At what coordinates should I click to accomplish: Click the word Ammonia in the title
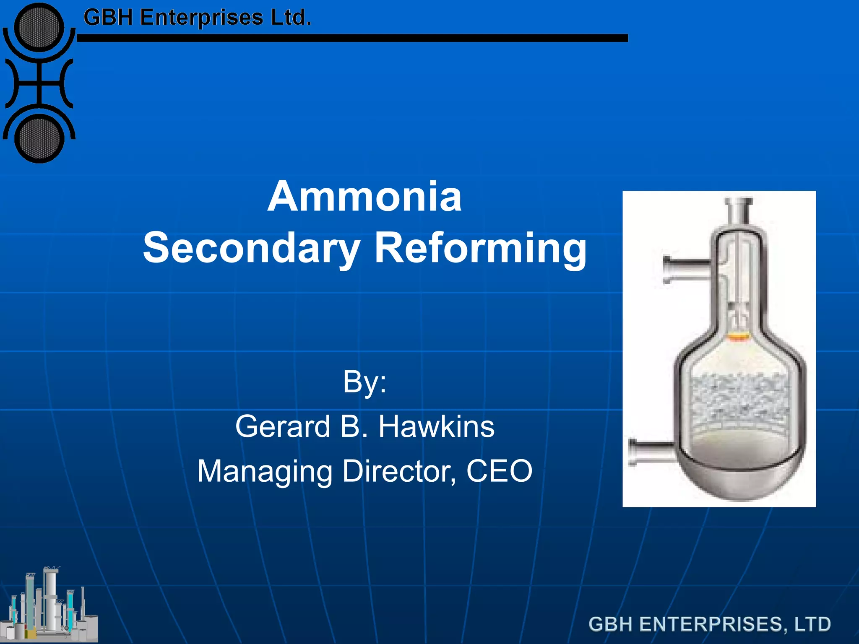364,197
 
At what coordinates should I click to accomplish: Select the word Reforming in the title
480,248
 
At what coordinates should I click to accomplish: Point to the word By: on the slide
364,382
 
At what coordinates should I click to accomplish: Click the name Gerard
282,426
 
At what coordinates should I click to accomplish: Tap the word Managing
265,471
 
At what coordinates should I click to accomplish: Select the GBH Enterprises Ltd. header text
197,18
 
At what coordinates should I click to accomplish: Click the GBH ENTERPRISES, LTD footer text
709,624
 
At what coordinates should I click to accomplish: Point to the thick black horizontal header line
352,38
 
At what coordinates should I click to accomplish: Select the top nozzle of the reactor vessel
738,210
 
